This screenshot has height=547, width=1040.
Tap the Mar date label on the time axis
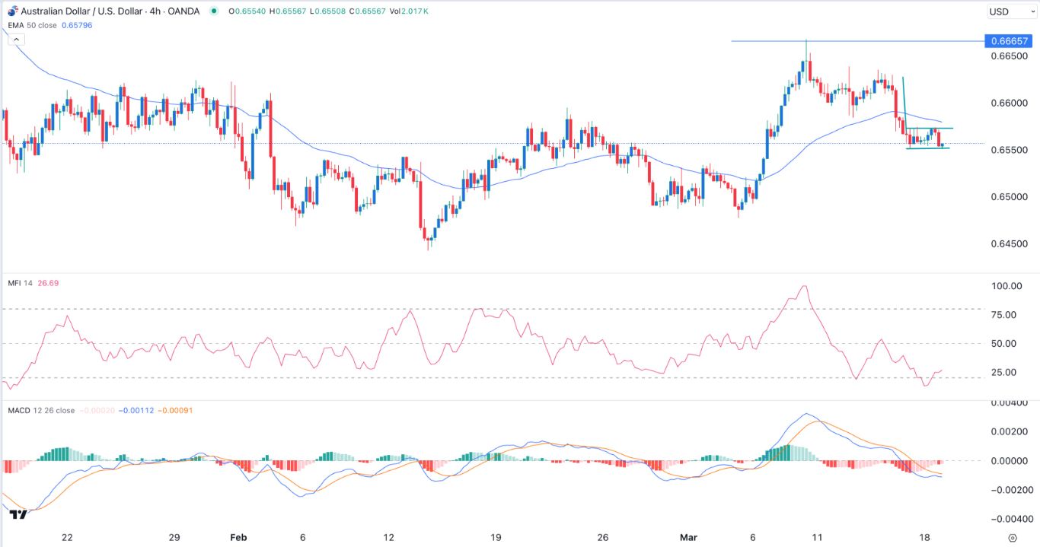pos(688,537)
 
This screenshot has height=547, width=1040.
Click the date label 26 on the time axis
pos(603,537)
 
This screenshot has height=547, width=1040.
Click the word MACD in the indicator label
pos(18,411)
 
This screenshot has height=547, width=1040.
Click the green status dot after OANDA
pos(214,11)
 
